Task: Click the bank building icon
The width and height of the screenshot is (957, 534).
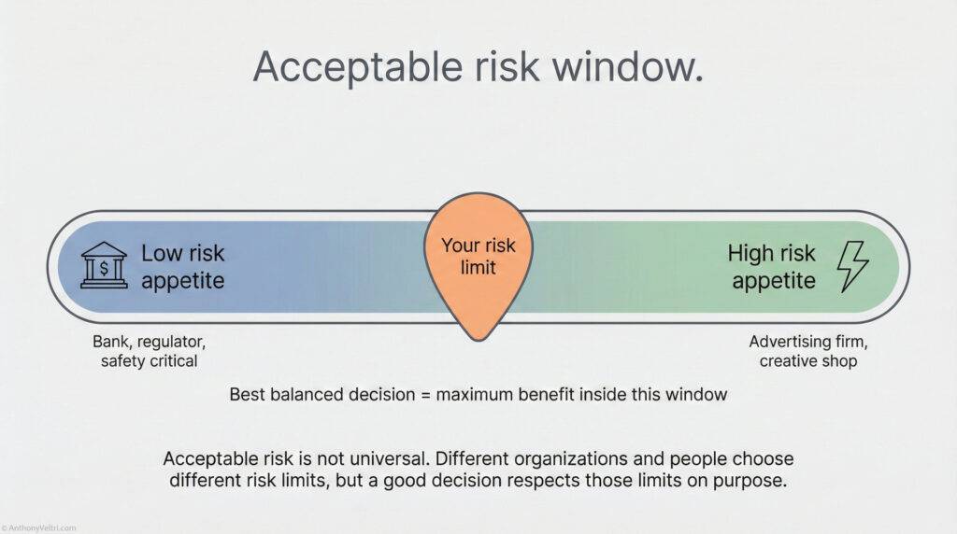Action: (x=104, y=266)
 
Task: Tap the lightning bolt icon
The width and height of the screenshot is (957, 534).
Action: (x=851, y=266)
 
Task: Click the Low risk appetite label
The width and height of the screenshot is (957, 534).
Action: (x=183, y=266)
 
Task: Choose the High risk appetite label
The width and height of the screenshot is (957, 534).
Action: (x=773, y=266)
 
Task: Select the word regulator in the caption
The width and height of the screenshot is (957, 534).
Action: (x=171, y=342)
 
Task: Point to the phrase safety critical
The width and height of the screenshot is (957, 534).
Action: (x=149, y=361)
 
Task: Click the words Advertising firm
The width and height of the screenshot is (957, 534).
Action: (x=808, y=342)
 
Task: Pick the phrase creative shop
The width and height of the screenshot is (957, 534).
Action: (x=808, y=361)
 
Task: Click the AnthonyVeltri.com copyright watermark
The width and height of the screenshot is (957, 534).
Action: (x=37, y=527)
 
